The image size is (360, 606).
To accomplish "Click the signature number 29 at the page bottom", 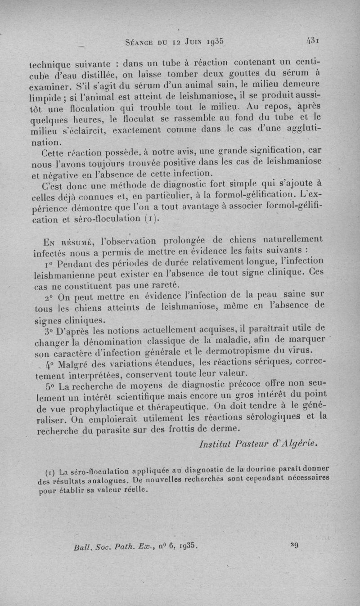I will (x=295, y=545).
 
